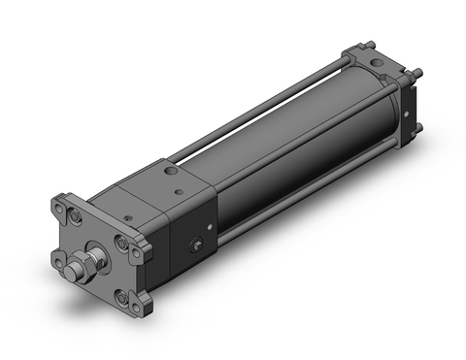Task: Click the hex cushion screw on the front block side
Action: (x=201, y=247)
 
